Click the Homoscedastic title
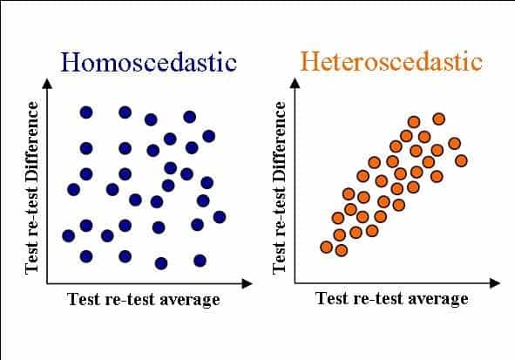tap(148, 62)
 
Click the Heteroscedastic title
tap(391, 61)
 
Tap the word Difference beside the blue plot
tap(32, 140)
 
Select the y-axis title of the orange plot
tap(280, 187)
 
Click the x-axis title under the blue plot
tap(144, 299)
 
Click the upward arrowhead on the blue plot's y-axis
tap(47, 84)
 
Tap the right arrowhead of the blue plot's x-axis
tap(247, 283)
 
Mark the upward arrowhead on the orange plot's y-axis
tap(295, 84)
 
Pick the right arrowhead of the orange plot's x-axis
tap(495, 282)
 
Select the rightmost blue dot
tap(220, 217)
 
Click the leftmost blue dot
tap(68, 236)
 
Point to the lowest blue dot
tap(161, 263)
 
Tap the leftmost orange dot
tap(326, 247)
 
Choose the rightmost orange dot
tap(462, 161)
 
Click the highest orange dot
tap(439, 119)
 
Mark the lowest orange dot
tap(342, 251)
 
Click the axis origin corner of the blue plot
tap(47, 283)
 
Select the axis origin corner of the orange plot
tap(295, 282)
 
